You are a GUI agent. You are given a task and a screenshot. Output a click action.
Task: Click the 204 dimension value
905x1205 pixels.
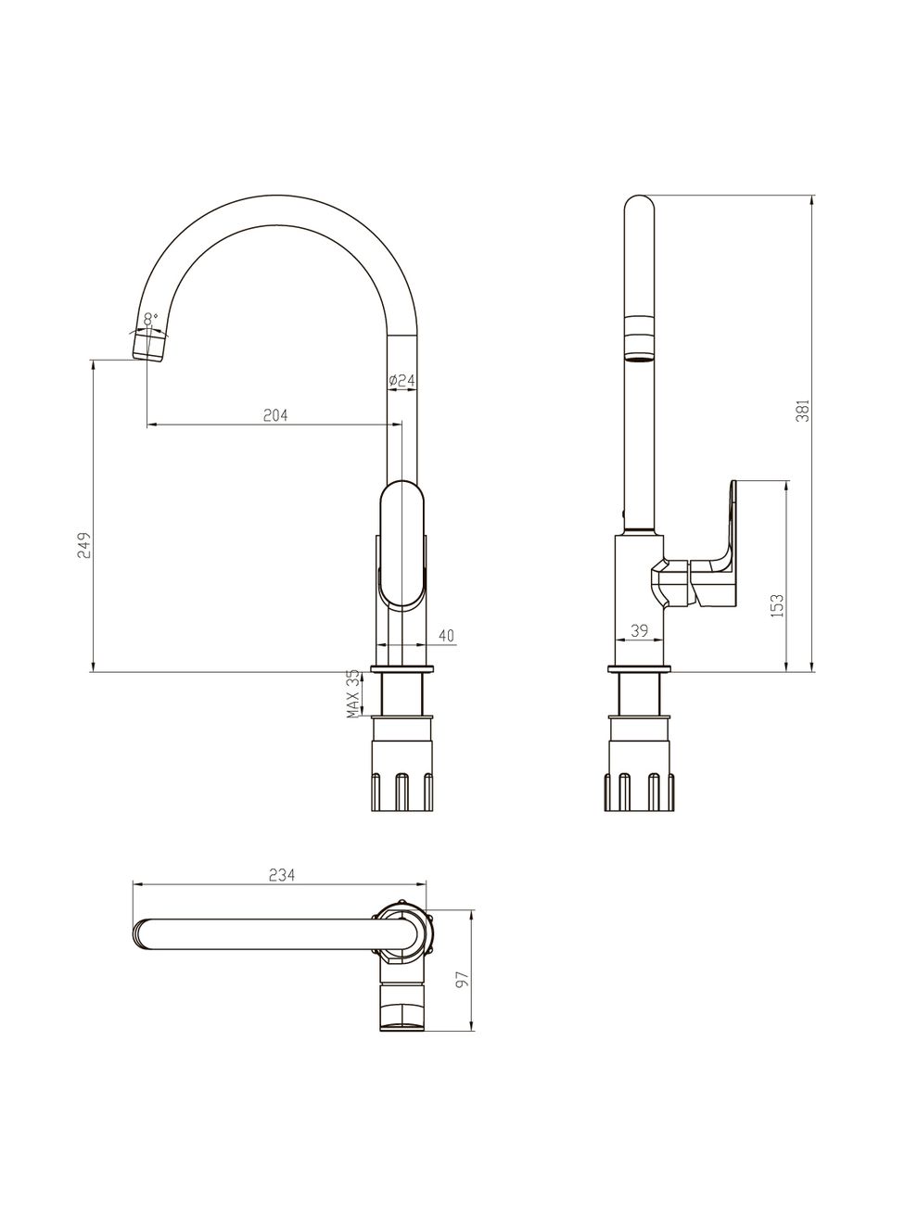click(x=275, y=415)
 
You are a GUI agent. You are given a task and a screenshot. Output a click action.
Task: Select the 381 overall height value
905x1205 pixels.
click(x=802, y=411)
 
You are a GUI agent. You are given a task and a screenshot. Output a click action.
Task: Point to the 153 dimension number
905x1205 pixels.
click(x=778, y=605)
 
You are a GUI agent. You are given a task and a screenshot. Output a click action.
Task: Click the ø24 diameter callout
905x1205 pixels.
click(x=402, y=380)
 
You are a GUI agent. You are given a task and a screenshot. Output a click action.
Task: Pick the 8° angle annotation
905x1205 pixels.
click(x=150, y=318)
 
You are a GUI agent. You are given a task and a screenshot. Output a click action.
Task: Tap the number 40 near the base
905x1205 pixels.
click(x=446, y=635)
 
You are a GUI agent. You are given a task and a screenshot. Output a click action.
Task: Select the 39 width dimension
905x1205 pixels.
click(x=639, y=631)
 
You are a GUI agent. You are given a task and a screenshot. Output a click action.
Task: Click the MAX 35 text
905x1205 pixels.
click(x=354, y=694)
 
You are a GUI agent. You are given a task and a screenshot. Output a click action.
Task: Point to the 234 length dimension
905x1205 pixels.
click(x=281, y=875)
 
